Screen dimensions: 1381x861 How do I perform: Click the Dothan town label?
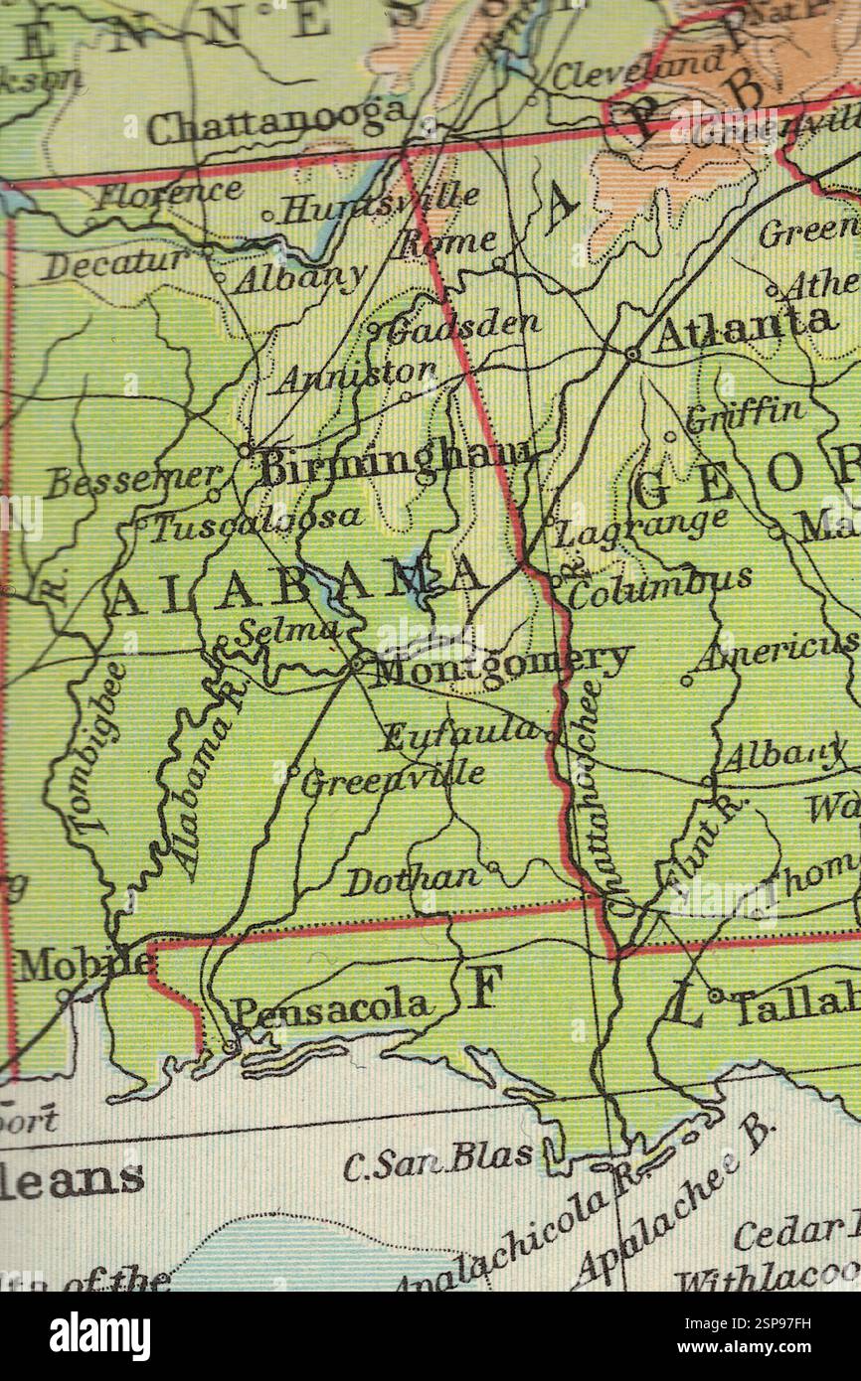[x=413, y=879]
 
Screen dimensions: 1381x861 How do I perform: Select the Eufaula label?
[x=462, y=734]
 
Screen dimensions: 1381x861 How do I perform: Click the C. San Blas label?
[x=438, y=1159]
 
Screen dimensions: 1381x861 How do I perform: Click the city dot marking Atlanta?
[x=632, y=353]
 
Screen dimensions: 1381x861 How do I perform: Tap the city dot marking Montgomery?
[x=356, y=660]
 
